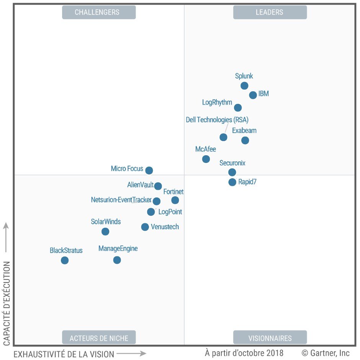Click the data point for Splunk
244,85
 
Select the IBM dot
253,95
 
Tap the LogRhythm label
217,102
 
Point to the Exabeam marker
245,140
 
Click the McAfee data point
206,159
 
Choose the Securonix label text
232,163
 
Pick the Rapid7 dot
232,182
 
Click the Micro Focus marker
149,170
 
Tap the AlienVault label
141,185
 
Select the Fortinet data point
175,200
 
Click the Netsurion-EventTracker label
121,200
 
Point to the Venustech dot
145,227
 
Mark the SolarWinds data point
105,232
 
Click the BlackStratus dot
65,260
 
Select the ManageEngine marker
117,260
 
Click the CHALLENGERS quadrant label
99,12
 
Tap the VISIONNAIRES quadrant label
270,338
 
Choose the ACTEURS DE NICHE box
99,338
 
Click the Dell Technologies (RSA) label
217,120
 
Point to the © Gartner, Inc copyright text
326,353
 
